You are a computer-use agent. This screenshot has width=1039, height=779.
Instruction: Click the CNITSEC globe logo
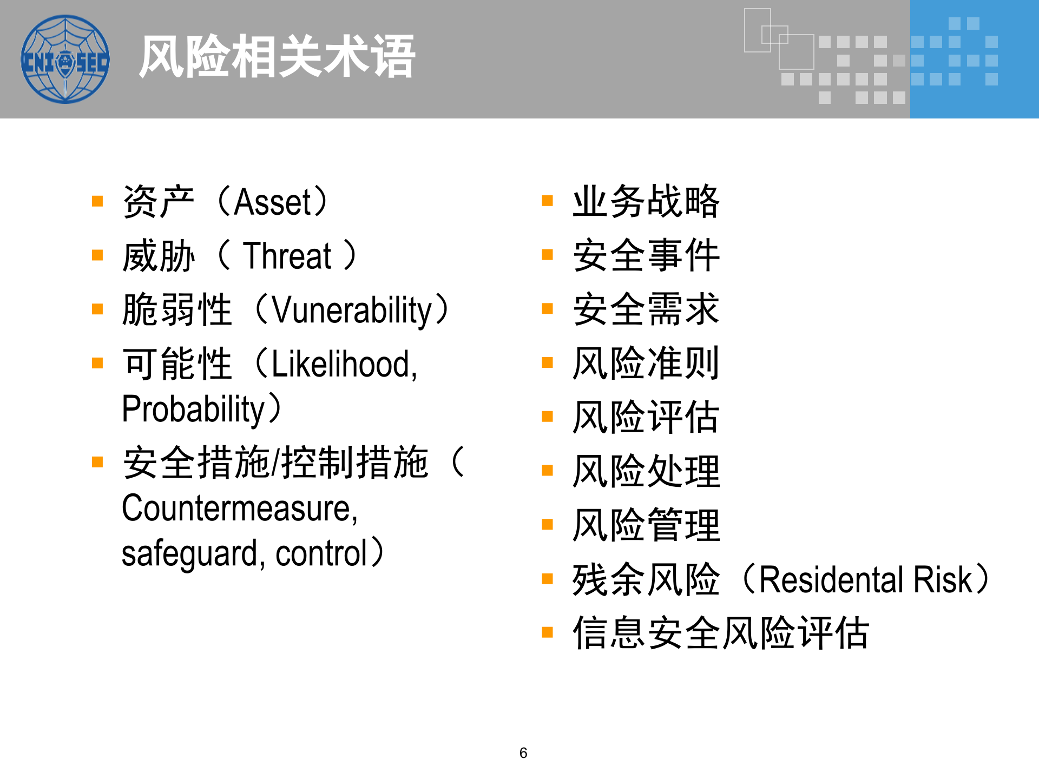click(65, 59)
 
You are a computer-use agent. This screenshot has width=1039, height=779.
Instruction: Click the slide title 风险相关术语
click(277, 56)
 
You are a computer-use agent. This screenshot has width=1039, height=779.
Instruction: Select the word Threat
click(287, 256)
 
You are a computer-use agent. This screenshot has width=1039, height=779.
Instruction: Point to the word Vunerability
click(352, 311)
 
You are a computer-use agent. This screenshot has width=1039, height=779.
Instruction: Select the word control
click(321, 553)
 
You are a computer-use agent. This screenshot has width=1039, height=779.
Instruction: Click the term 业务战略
click(646, 201)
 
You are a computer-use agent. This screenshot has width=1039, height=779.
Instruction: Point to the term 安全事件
click(646, 255)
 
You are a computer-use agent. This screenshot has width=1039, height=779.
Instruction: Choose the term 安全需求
click(646, 309)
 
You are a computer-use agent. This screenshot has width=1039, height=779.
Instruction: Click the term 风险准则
click(646, 363)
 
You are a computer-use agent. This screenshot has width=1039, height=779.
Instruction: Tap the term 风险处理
click(646, 471)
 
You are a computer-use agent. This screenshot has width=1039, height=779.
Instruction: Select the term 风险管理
click(646, 525)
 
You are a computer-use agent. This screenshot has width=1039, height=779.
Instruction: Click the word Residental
click(831, 579)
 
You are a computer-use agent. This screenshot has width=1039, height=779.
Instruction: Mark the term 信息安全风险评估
click(721, 632)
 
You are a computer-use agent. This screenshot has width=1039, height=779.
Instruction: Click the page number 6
click(523, 752)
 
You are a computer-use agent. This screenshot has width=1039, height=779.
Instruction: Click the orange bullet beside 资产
click(97, 201)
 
